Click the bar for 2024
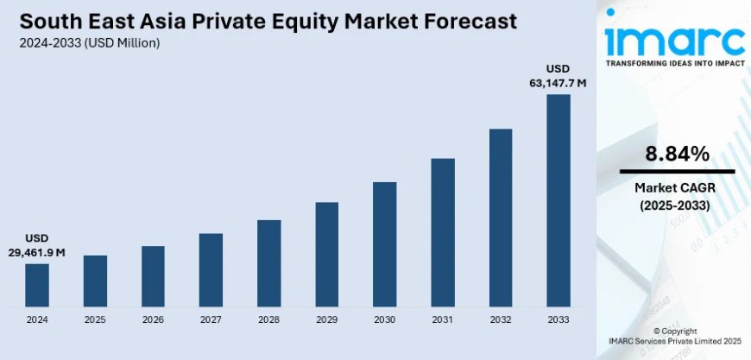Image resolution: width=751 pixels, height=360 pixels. [x=37, y=285]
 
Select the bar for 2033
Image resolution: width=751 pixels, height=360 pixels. [x=559, y=200]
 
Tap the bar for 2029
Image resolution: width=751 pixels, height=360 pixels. [x=327, y=255]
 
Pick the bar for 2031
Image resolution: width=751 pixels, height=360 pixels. [x=443, y=232]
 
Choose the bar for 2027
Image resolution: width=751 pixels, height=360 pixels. [x=211, y=269]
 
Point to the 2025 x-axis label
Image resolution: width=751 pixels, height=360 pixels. [x=95, y=319]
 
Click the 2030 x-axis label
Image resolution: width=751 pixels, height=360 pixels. [x=385, y=319]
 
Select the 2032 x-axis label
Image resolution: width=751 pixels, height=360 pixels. [x=501, y=319]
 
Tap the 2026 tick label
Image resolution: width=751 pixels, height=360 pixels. [x=153, y=319]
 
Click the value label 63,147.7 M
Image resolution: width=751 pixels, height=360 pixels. [x=558, y=84]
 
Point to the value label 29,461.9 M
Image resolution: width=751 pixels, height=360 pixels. [x=37, y=252]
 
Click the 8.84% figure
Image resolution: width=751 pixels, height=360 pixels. [x=677, y=155]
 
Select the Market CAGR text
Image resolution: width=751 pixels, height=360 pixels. [x=677, y=188]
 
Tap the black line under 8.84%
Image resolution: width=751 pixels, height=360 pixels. [x=677, y=172]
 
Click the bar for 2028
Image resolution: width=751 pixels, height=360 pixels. [x=268, y=263]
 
